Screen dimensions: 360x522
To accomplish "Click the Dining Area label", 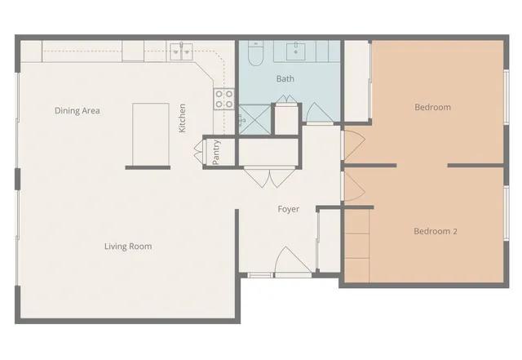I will point(77,110).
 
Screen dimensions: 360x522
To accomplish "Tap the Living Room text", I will point(128,246).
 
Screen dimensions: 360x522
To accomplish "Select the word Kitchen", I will point(183,118).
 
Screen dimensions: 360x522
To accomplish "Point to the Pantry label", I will point(216,153).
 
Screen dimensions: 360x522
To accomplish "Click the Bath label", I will point(285,79).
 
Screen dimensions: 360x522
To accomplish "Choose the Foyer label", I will point(288,209).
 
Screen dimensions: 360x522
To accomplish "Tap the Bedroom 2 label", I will point(435,232).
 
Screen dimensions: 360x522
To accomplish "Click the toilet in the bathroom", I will point(253,56).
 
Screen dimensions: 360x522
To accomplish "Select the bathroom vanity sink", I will point(294,51).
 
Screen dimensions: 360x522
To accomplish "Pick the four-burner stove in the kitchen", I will point(223,99).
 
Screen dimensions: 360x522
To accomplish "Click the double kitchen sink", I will point(181,49).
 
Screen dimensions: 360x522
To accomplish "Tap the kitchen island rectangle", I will point(151,132).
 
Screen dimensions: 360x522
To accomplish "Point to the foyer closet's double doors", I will point(269,176).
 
